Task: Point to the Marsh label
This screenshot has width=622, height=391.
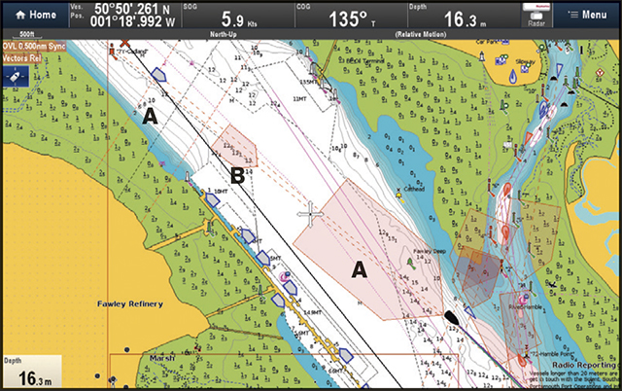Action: (x=162, y=357)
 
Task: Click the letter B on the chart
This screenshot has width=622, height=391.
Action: (x=236, y=176)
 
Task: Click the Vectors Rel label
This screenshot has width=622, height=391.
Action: (x=22, y=57)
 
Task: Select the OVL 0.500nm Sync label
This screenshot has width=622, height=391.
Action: (x=33, y=45)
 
